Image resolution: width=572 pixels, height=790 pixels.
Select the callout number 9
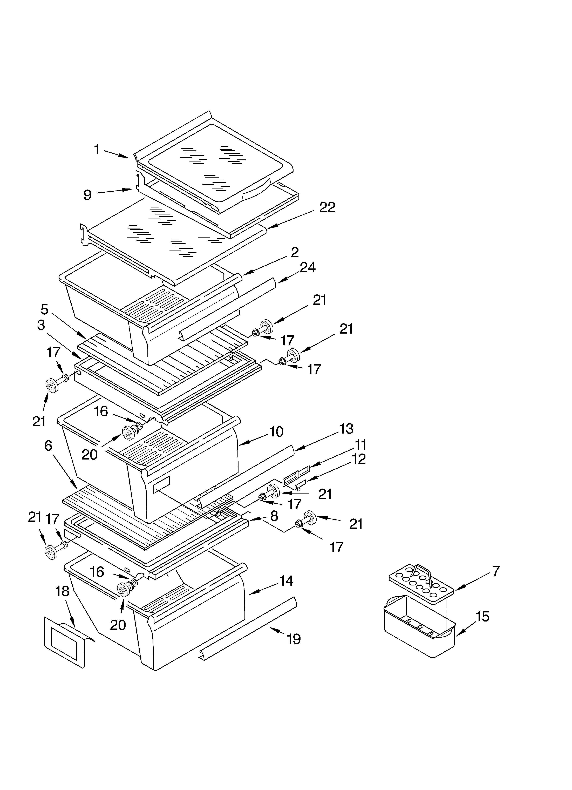87,195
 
